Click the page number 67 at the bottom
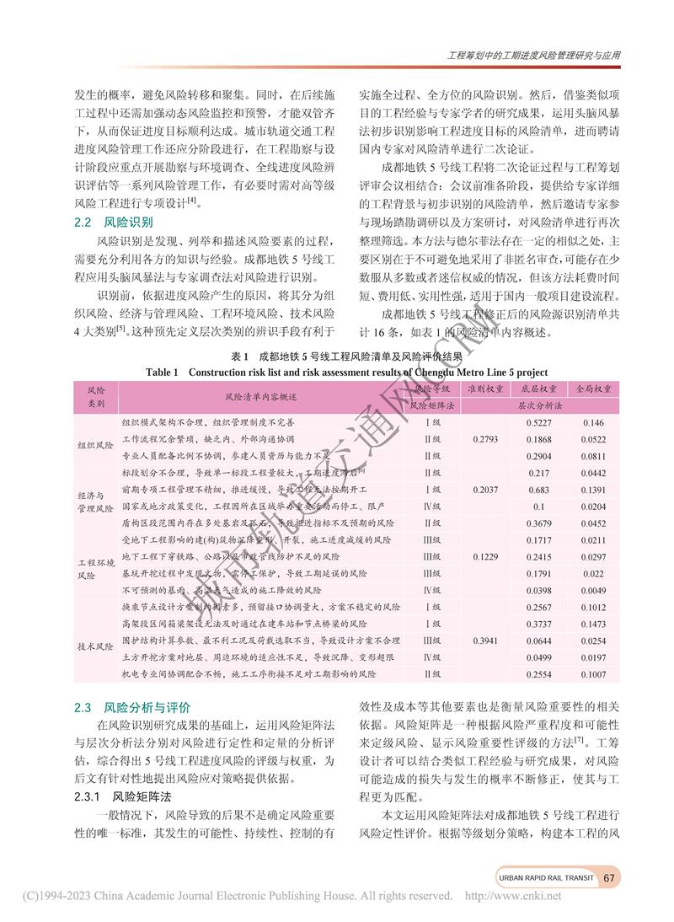[611, 877]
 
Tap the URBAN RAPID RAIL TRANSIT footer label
[546, 877]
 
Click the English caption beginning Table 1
[346, 371]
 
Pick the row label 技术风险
[94, 646]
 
